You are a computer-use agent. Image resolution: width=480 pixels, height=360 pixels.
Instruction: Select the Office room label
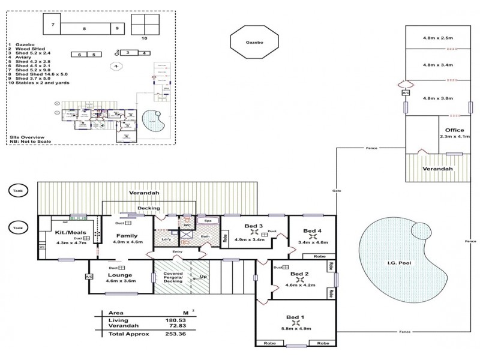[x=451, y=130]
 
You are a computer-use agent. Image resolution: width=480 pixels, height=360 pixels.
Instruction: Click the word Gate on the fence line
[x=337, y=190]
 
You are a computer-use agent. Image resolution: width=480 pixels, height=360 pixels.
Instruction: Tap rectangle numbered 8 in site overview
[x=84, y=28]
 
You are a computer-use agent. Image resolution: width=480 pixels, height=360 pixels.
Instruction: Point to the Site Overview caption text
[x=27, y=137]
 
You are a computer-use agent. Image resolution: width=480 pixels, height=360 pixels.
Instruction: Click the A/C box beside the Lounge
[x=89, y=277]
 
